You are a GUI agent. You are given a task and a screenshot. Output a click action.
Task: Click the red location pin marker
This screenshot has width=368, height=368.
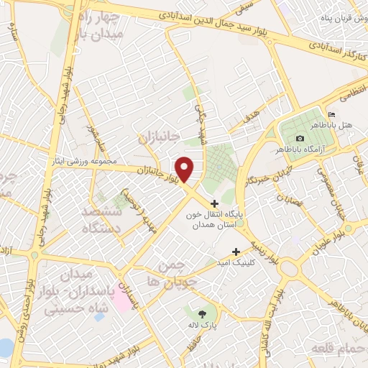pos(185,169)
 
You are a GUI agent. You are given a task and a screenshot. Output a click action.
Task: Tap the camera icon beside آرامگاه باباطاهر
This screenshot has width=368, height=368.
pos(300,138)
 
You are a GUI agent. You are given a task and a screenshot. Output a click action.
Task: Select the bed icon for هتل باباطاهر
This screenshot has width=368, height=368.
pos(331,114)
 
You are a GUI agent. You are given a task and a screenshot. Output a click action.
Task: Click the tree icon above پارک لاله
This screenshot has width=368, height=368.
pos(202,313)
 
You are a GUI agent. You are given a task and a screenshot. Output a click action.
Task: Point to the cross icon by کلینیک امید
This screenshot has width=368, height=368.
pos(236,252)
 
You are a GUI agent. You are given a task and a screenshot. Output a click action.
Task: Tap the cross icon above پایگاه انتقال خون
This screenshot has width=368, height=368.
pos(215,203)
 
